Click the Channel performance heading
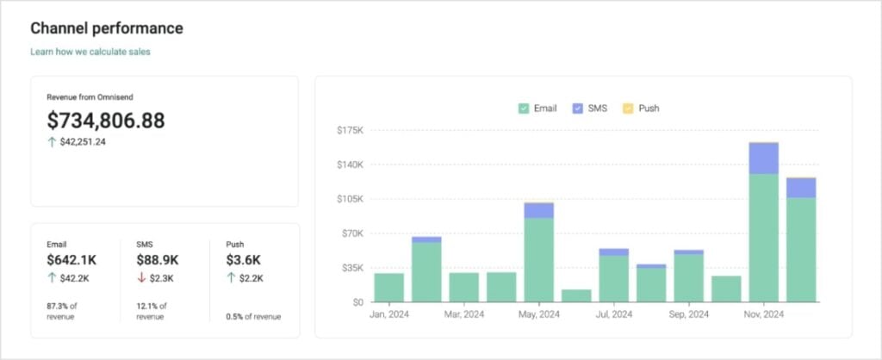(x=107, y=28)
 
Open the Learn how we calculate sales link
(x=90, y=52)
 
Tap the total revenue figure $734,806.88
(x=106, y=121)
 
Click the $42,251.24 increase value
(x=83, y=142)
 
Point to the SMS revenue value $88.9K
(x=158, y=259)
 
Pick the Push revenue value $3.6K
(x=244, y=259)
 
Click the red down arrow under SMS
(x=141, y=277)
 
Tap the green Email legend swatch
(x=524, y=109)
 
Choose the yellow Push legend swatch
(x=628, y=109)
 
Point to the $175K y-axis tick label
(x=351, y=130)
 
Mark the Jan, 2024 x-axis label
(x=389, y=315)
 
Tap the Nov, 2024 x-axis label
(x=763, y=315)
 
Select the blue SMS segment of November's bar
(x=764, y=158)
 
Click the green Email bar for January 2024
(x=389, y=288)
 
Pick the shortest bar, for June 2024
(x=576, y=295)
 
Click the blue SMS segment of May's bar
(x=539, y=210)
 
